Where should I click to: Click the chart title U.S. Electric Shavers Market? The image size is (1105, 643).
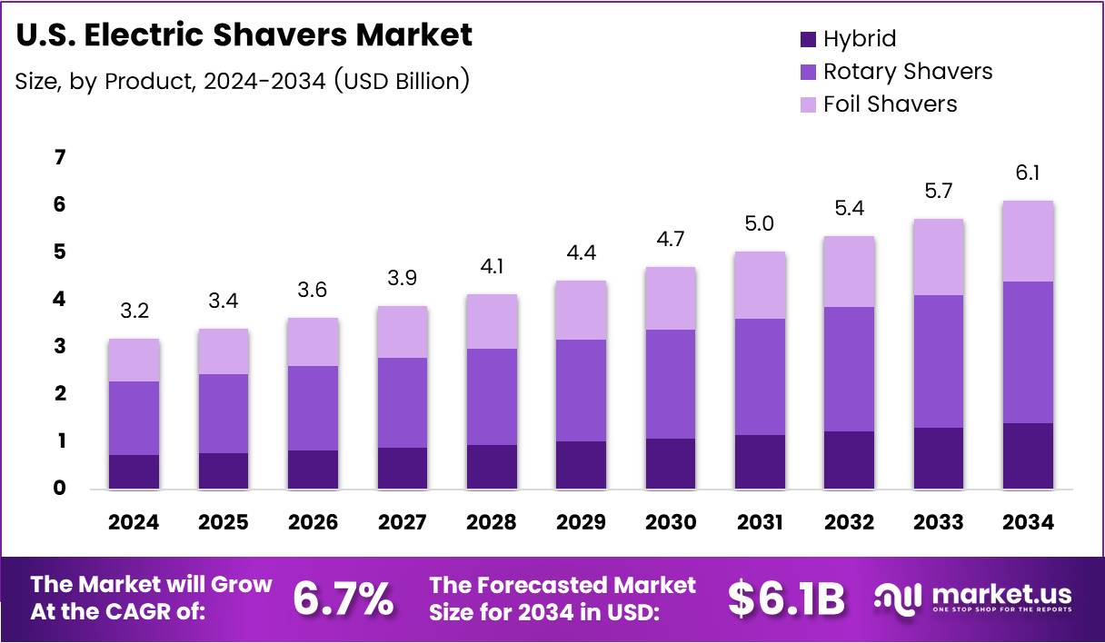click(x=244, y=35)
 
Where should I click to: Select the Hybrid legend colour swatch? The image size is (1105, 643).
click(x=808, y=39)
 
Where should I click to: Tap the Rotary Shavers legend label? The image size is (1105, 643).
click(x=907, y=72)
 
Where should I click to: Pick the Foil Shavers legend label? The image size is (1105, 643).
click(x=890, y=104)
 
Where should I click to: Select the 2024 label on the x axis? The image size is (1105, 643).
click(x=134, y=522)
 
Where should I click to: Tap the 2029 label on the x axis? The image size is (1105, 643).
click(x=582, y=522)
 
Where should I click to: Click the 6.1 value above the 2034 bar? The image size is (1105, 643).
click(x=1028, y=173)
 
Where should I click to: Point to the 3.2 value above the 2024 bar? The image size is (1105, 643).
click(x=134, y=312)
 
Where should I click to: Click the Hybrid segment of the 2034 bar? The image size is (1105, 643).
click(x=1028, y=456)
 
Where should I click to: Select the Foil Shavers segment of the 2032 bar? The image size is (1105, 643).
click(x=849, y=272)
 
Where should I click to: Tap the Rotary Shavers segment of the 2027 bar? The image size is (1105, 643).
click(x=403, y=402)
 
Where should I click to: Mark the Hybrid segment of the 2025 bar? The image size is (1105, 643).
click(x=224, y=470)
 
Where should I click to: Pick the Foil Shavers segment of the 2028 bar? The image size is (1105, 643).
click(x=492, y=321)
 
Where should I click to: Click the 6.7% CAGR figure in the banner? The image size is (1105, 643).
click(x=343, y=598)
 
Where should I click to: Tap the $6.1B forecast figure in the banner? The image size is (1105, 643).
click(x=786, y=598)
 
